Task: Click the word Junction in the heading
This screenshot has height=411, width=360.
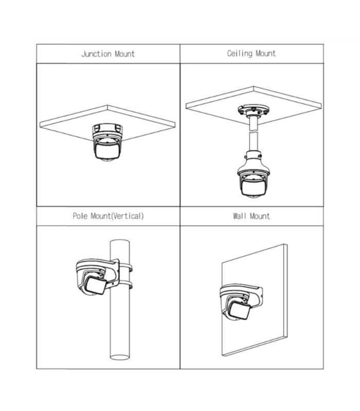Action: (x=96, y=54)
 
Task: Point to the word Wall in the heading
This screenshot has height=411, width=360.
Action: (x=240, y=216)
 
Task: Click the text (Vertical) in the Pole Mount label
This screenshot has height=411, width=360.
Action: (x=128, y=216)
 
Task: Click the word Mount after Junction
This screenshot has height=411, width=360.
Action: (x=125, y=54)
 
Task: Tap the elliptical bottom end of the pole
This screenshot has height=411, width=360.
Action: (x=120, y=357)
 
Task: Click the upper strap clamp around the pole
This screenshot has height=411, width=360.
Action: (x=125, y=267)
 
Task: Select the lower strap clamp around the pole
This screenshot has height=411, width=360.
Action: (x=125, y=285)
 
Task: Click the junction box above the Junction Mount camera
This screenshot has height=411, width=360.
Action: (x=107, y=130)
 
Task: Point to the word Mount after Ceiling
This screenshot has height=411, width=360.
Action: (x=266, y=53)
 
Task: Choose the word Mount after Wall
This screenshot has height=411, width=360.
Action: (x=260, y=216)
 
